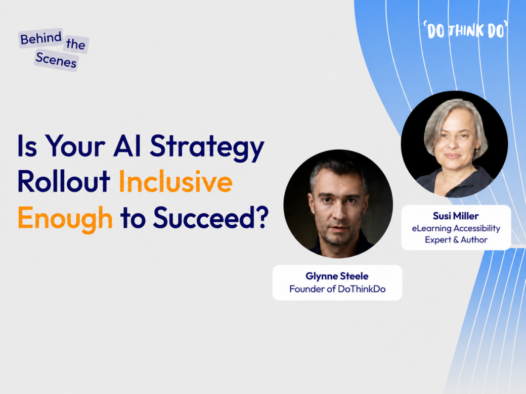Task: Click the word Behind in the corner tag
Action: (41, 38)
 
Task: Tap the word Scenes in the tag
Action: (56, 60)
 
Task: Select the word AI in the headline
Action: (127, 146)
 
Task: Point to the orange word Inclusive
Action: (176, 182)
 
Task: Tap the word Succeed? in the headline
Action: (211, 218)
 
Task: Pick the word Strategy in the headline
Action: (207, 147)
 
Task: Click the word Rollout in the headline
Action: (64, 181)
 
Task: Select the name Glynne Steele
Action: (337, 276)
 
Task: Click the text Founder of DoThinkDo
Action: (337, 289)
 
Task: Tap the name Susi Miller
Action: (456, 216)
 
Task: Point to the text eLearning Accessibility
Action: (456, 228)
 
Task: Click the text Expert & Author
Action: (456, 240)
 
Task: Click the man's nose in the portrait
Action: (339, 214)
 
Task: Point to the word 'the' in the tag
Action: (75, 44)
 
